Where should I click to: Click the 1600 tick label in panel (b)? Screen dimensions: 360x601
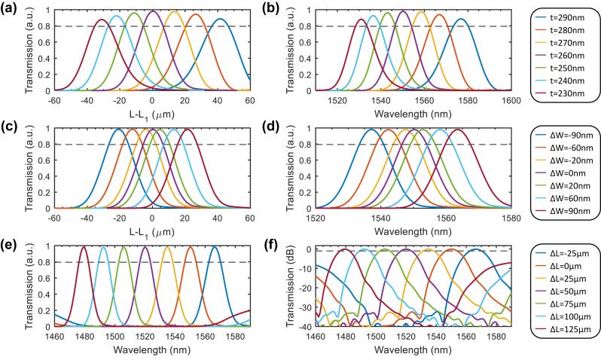pos(511,100)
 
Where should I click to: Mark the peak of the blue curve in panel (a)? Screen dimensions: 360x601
pos(220,19)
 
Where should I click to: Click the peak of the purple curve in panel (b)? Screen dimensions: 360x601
pos(402,11)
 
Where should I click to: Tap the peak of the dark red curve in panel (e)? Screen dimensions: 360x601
pos(83,246)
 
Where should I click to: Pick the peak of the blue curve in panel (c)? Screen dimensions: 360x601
pos(118,129)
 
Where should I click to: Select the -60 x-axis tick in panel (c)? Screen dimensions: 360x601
pos(54,218)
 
